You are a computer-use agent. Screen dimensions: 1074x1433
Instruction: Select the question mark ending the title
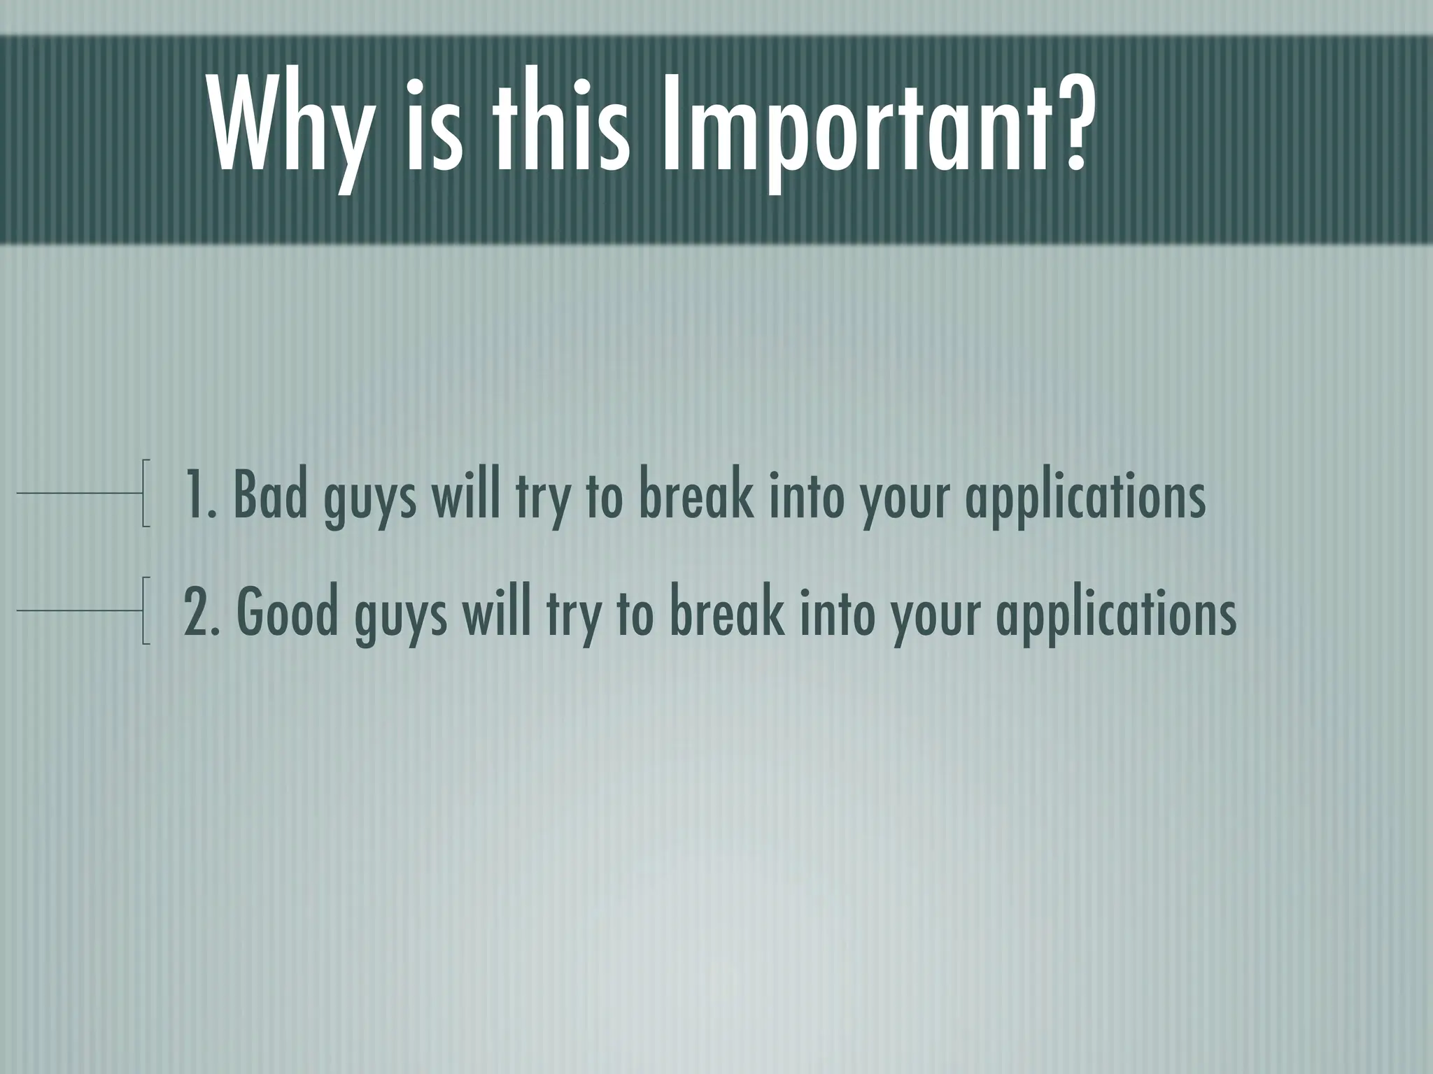tap(1068, 119)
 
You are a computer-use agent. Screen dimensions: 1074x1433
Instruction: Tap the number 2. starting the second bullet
tap(203, 613)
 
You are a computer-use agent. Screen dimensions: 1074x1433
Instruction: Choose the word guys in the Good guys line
tap(400, 617)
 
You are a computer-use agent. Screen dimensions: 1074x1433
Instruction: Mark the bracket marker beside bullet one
tap(146, 493)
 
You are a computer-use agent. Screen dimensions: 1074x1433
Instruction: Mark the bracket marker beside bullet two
tap(146, 610)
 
